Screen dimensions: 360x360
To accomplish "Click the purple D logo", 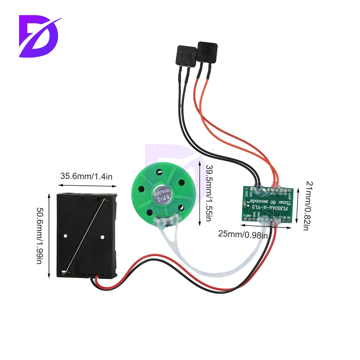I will pyautogui.click(x=39, y=36).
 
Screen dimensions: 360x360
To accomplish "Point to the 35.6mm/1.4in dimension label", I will pyautogui.click(x=86, y=176).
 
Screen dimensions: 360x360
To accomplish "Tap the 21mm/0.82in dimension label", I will pyautogui.click(x=306, y=205).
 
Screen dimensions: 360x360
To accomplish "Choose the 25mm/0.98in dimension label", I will pyautogui.click(x=243, y=235).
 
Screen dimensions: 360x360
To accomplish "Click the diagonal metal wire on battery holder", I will pyautogui.click(x=85, y=234).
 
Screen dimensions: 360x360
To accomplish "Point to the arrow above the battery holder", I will pyautogui.click(x=87, y=186).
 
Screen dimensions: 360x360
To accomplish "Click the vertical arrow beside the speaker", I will pyautogui.click(x=200, y=194).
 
